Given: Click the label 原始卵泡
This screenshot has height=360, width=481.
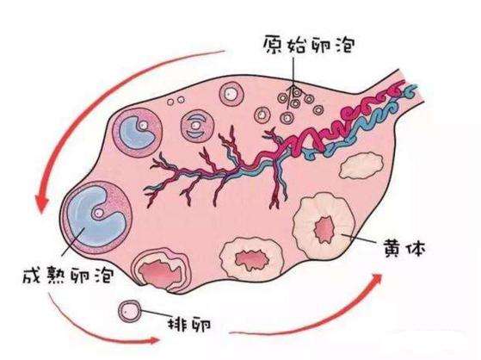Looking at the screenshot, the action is point(309,46).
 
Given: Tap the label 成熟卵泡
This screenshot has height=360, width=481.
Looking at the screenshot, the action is point(68,275).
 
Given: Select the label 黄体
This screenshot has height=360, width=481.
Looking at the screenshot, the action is point(404,248).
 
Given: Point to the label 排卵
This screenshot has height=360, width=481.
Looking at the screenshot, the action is point(189,324).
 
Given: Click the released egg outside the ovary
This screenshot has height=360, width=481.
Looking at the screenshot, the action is point(130,311).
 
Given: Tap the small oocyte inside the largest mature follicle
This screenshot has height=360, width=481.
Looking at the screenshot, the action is point(98,213).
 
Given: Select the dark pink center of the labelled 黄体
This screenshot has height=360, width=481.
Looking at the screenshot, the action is point(324,228).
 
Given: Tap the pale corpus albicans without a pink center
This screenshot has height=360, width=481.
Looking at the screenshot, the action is point(361,165).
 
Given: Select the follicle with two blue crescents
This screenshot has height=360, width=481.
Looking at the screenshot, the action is point(197,126).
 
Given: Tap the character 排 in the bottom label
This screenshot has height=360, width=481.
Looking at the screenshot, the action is point(178,324).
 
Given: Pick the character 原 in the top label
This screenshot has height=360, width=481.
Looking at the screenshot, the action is point(274,46).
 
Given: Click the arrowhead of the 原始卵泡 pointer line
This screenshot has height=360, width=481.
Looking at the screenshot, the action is point(293,89).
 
